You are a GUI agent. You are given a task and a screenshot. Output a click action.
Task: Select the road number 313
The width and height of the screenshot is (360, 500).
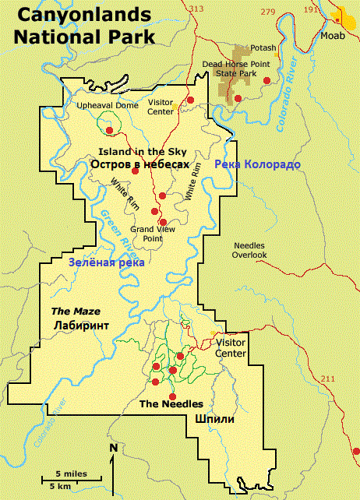pyautogui.click(x=196, y=9)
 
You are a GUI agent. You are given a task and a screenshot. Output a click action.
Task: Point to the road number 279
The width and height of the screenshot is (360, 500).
pyautogui.click(x=268, y=11)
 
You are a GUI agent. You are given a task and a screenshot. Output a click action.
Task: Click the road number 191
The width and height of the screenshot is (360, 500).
pyautogui.click(x=312, y=9)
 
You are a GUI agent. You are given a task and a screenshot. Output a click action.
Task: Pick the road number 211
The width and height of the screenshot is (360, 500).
pyautogui.click(x=327, y=379)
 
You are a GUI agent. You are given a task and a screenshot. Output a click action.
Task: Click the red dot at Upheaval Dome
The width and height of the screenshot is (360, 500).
pyautogui.click(x=109, y=130)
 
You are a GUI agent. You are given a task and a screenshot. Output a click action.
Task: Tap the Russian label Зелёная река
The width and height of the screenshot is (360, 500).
pyautogui.click(x=106, y=262)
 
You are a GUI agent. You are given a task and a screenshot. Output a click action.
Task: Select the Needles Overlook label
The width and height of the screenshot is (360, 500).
pyautogui.click(x=250, y=250)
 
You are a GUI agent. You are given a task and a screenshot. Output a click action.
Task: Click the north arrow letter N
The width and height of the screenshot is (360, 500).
pyautogui.click(x=113, y=448)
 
